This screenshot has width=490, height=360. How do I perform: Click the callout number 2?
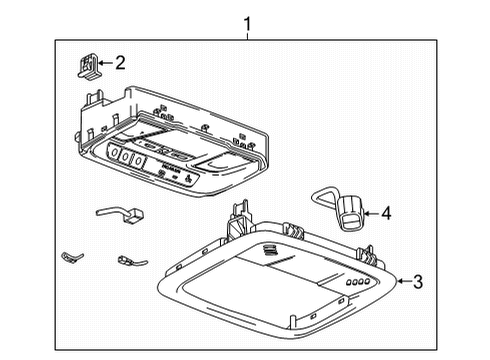[120, 63]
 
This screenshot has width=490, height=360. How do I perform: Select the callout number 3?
[418, 283]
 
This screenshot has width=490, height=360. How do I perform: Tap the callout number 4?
[384, 212]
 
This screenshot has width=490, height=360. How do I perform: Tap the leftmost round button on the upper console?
[113, 153]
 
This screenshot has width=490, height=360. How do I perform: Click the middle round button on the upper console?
[126, 156]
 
